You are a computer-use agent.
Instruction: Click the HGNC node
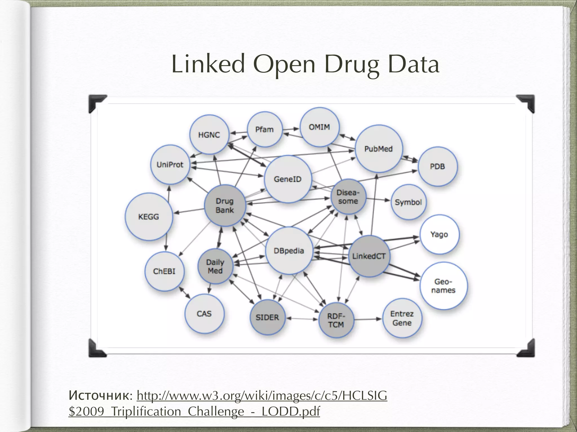[x=209, y=135]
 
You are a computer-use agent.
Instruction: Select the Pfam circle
[x=264, y=129]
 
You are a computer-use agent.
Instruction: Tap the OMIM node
[x=319, y=127]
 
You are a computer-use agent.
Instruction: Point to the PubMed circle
[x=378, y=149]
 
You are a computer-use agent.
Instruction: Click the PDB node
[x=437, y=166]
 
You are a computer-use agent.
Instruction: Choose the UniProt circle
[x=170, y=165]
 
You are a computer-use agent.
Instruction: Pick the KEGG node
[x=148, y=217]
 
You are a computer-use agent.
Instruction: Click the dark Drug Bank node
[x=225, y=206]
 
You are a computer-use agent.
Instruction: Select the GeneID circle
[x=288, y=179]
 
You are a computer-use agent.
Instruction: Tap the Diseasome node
[x=348, y=197]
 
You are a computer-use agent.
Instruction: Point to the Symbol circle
[x=408, y=202]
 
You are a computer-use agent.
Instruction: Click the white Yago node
[x=439, y=234]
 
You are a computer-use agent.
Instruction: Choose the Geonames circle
[x=443, y=286]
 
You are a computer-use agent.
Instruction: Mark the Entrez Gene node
[x=402, y=318]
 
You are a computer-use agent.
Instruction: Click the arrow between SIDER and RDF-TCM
[x=302, y=319]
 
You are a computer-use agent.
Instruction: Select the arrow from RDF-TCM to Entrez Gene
[x=368, y=319]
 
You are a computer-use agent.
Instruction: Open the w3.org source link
[x=262, y=396]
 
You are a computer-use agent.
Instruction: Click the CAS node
[x=204, y=314]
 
